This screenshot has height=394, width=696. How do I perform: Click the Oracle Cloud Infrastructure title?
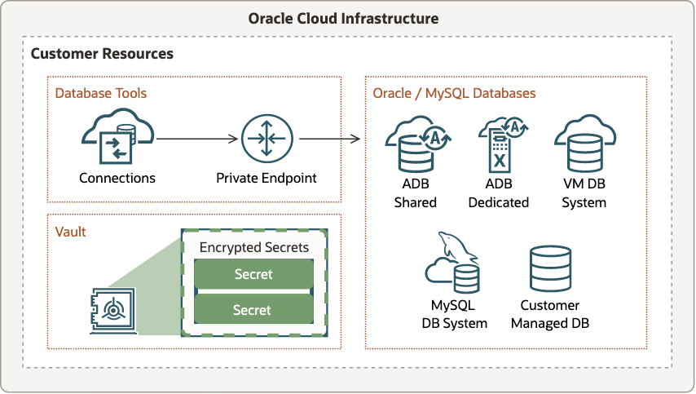[x=348, y=18]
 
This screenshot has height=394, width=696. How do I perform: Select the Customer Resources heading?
[x=102, y=54]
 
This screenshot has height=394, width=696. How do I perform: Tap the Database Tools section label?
[x=101, y=93]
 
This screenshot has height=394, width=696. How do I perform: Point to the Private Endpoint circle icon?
[x=266, y=139]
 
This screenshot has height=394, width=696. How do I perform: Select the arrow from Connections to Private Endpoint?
[x=199, y=139]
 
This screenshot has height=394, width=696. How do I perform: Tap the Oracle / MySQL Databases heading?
[x=454, y=93]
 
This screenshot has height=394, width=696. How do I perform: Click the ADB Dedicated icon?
[x=499, y=144]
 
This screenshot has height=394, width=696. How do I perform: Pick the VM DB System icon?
[x=584, y=144]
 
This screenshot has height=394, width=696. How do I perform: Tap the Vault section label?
[x=70, y=232]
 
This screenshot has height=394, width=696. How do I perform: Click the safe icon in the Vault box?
[x=111, y=311]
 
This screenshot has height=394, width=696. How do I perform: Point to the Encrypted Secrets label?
[x=253, y=247]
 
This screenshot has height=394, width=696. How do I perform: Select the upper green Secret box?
[x=253, y=275]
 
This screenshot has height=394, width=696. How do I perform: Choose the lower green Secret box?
[x=253, y=310]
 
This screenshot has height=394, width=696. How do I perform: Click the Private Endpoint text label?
[x=266, y=178]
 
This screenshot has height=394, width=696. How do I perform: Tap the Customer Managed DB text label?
[x=549, y=314]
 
